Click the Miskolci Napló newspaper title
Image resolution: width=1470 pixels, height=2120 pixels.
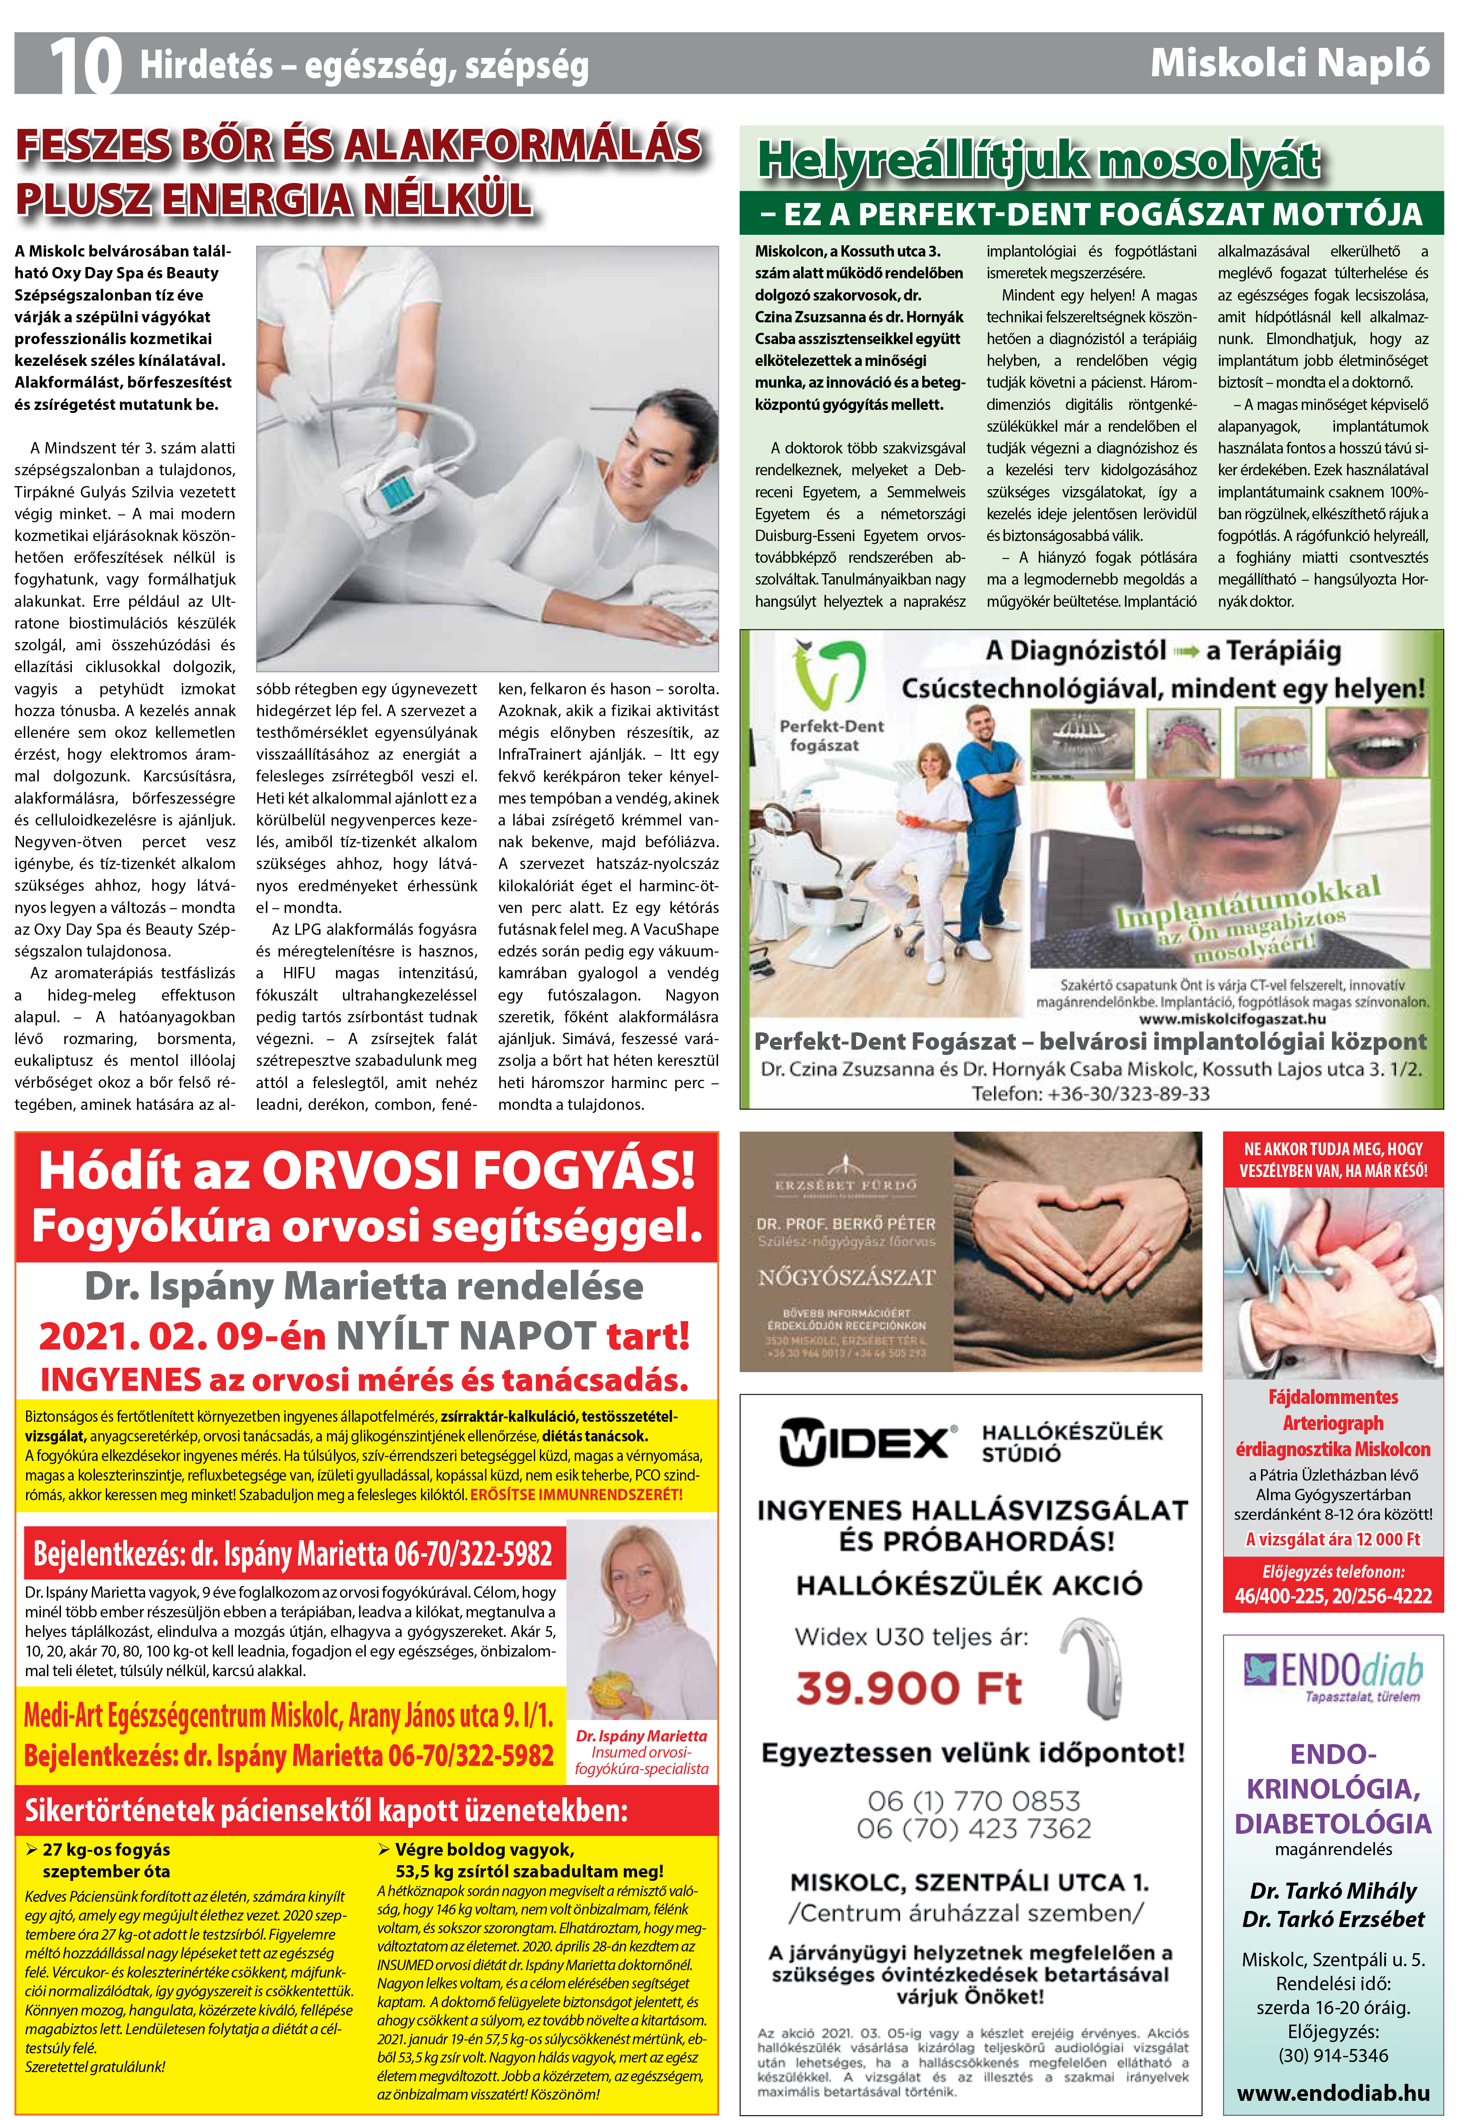pyautogui.click(x=1289, y=63)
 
